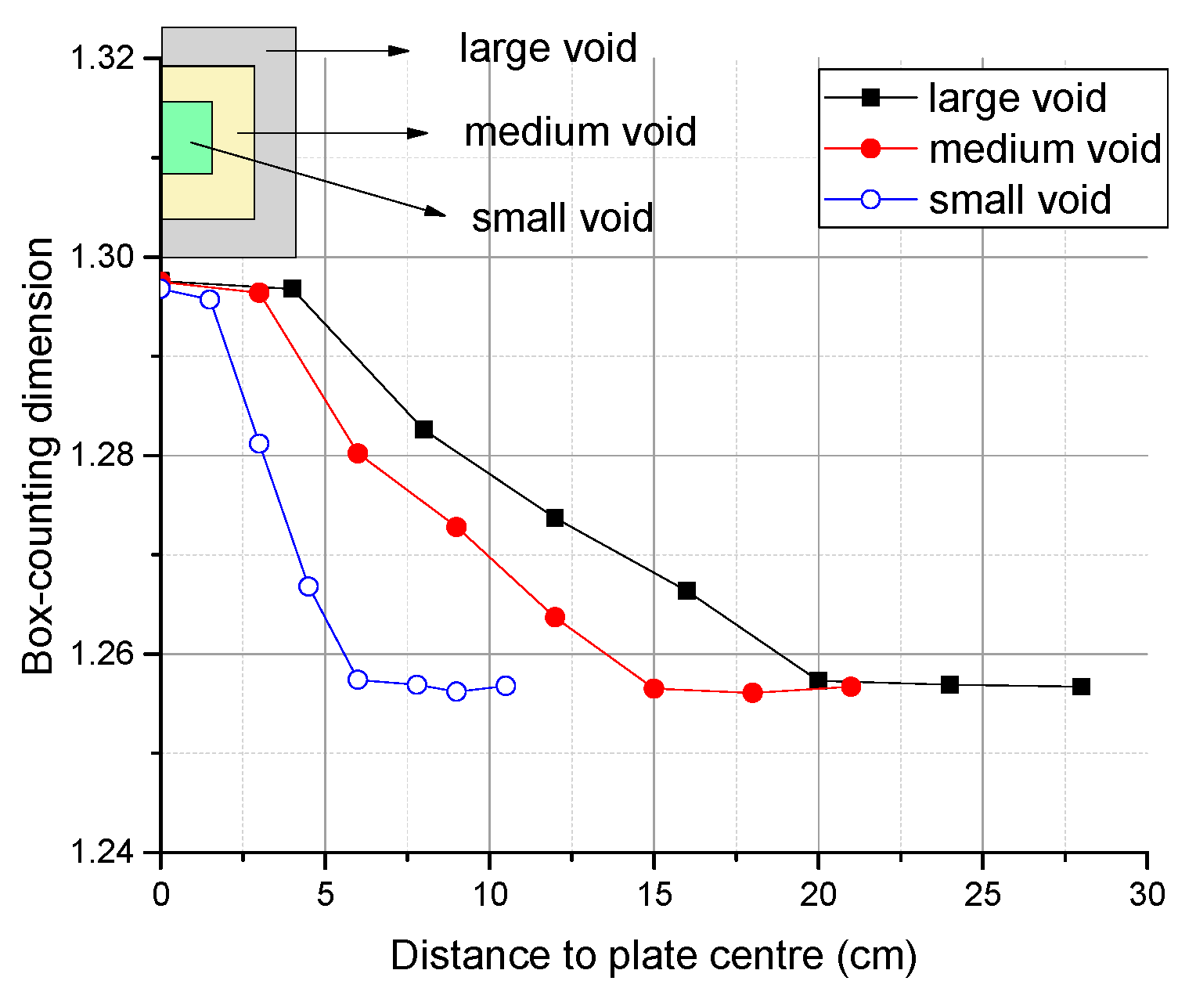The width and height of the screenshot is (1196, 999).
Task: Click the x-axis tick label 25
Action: tap(982, 894)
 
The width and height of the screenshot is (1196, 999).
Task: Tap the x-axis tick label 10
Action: tap(489, 894)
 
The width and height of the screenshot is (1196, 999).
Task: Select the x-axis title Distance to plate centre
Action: tap(654, 956)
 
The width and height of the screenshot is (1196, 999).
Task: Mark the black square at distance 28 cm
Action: tap(1081, 687)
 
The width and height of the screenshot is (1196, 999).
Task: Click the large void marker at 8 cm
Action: tap(423, 429)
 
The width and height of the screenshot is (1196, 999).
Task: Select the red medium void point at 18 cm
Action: tap(752, 693)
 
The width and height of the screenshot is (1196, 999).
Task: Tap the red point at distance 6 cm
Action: tap(358, 453)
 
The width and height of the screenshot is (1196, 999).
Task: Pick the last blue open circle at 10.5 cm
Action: tap(506, 686)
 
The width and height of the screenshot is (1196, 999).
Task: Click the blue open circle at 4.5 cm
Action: tap(308, 586)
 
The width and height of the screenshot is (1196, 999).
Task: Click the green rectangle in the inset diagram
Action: tap(186, 138)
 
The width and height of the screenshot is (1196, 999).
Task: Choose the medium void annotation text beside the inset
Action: tap(580, 132)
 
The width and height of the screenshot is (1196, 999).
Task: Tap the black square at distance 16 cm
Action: tap(686, 590)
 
